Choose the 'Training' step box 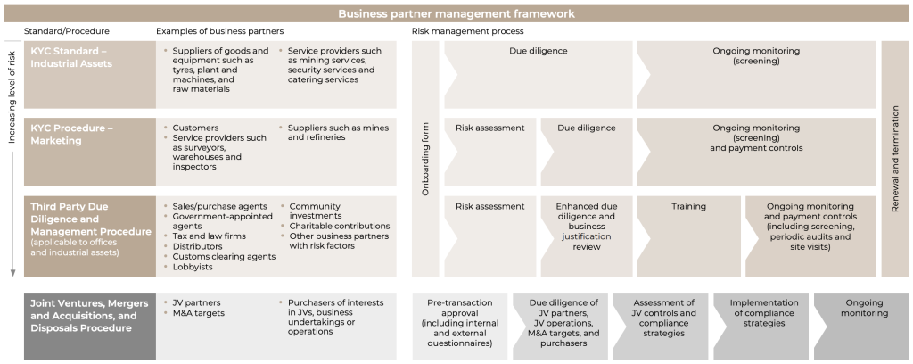[x=687, y=207]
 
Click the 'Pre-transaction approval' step [x=459, y=322]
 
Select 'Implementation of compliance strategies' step [x=762, y=313]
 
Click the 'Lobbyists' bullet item [x=195, y=267]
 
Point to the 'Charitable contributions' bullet [x=339, y=226]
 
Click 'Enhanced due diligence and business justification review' [x=586, y=227]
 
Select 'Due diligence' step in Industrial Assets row [x=538, y=52]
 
